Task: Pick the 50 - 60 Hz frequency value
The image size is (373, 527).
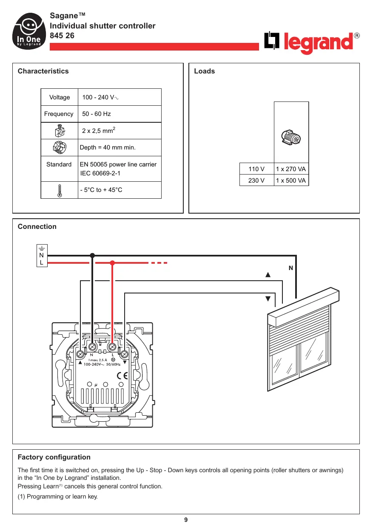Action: click(x=97, y=114)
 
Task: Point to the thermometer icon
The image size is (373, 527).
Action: click(x=59, y=190)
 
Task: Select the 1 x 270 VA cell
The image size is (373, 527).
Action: click(x=291, y=169)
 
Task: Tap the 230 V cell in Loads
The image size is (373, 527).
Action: click(x=256, y=180)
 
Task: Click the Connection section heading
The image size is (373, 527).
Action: click(x=37, y=226)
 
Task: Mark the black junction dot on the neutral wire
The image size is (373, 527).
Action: click(x=92, y=255)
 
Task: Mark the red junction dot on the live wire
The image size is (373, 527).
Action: click(x=112, y=263)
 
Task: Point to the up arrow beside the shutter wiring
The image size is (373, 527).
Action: click(x=268, y=275)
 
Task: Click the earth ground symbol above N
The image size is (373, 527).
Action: click(x=42, y=249)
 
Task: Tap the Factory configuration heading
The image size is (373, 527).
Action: click(x=54, y=457)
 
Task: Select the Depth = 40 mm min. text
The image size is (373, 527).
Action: click(x=108, y=148)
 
